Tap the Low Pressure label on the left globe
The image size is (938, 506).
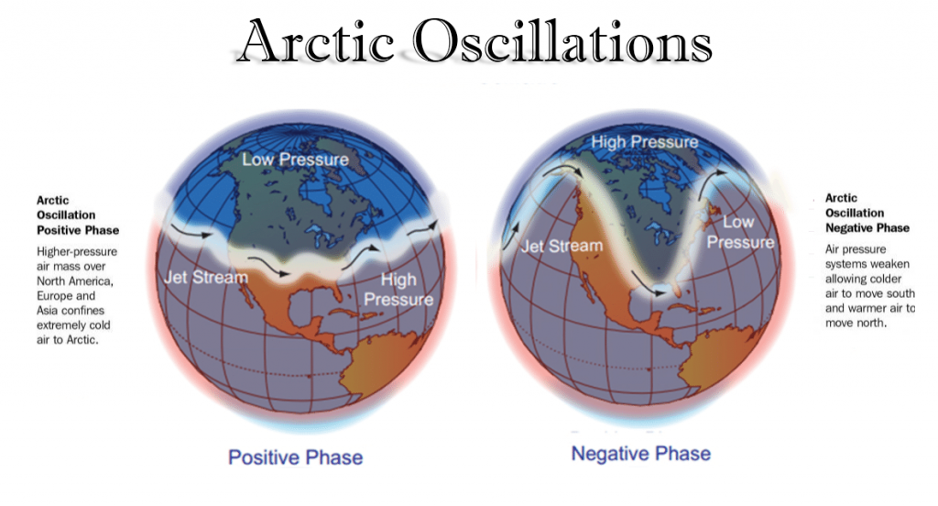[x=296, y=159]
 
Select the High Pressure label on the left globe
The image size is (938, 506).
[x=398, y=290]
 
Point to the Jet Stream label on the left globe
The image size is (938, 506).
[x=206, y=277]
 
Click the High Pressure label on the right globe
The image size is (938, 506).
[x=645, y=142]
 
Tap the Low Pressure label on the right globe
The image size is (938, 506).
[x=740, y=232]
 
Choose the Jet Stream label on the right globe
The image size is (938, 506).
[x=562, y=246]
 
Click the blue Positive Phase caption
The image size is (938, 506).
[x=296, y=457]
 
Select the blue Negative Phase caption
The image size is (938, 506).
[x=641, y=454]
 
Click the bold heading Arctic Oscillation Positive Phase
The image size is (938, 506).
[x=78, y=215]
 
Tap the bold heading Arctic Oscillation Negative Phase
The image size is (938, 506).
[x=867, y=213]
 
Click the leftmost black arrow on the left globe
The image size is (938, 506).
[x=191, y=231]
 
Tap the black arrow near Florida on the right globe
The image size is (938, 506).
[x=648, y=284]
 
